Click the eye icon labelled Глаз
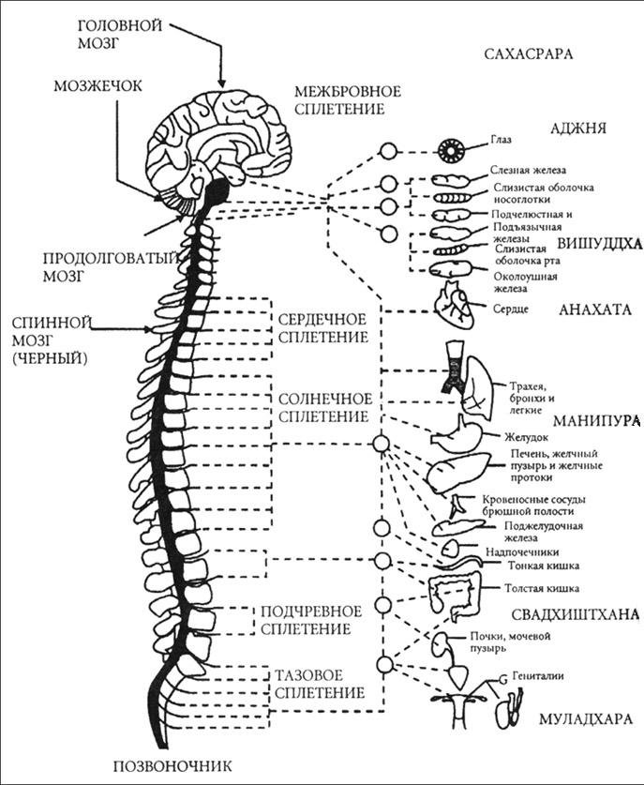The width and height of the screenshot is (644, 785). click(460, 149)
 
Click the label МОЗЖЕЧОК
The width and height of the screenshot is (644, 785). click(97, 86)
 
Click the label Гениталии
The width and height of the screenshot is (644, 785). click(539, 673)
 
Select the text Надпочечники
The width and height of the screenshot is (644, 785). click(516, 552)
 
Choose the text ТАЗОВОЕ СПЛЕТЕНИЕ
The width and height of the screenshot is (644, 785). click(320, 684)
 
